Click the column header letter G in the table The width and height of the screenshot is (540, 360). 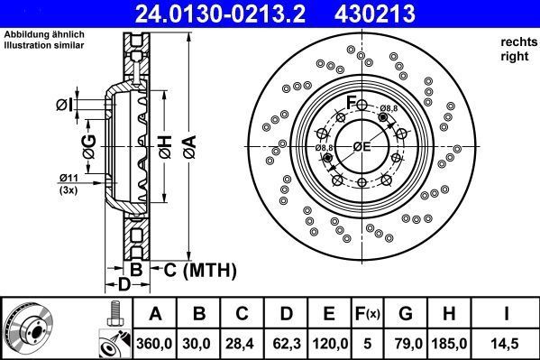pyautogui.click(x=405, y=314)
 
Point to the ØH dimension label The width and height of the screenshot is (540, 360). pyautogui.click(x=166, y=145)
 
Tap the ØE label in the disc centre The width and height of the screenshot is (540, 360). pyautogui.click(x=362, y=146)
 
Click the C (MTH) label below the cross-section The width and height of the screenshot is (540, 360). pyautogui.click(x=198, y=268)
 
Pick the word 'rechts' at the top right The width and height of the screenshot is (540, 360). pyautogui.click(x=517, y=42)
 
